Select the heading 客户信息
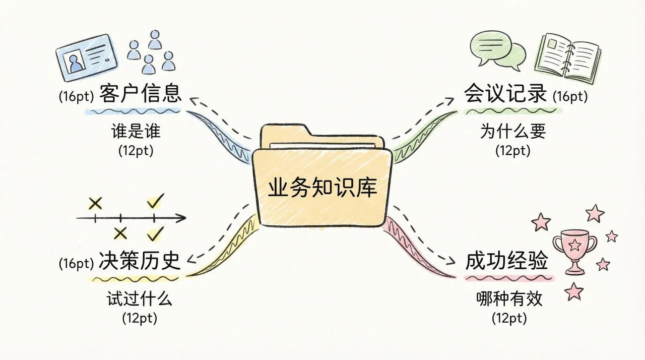coord(140,94)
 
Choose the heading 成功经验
coord(506,262)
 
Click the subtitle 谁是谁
coord(136,132)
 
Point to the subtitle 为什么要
coord(512,132)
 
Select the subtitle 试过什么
coord(139,299)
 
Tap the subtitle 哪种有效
coord(509,299)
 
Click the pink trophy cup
coord(574,251)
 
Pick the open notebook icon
coord(568,57)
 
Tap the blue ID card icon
coord(87,57)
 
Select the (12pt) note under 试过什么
coord(139,318)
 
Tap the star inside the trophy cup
coord(574,245)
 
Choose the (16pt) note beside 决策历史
coord(76,263)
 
